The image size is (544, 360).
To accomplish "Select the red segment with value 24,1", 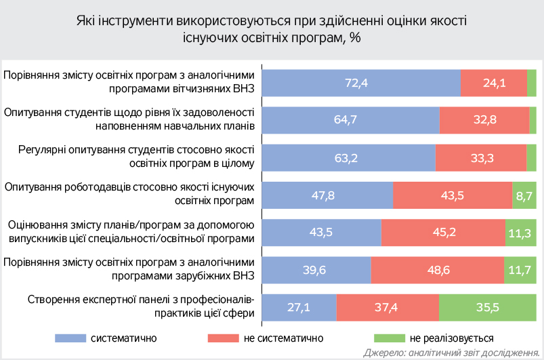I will coord(494,83).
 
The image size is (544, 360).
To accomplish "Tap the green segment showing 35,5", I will coord(487,308).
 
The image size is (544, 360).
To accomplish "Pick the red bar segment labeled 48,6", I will coord(437,271).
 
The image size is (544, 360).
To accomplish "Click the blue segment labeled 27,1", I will coord(299,308).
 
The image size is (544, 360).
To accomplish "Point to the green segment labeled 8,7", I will coord(524,196).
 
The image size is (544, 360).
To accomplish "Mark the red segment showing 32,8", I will coord(484,121).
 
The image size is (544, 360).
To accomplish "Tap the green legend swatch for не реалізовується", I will coord(389,338).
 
